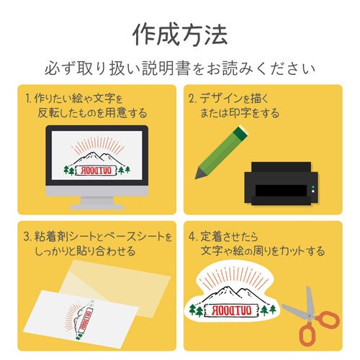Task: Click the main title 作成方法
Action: tap(180, 33)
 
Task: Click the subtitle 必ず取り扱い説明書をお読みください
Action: tap(180, 69)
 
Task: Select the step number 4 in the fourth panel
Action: tap(193, 236)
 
